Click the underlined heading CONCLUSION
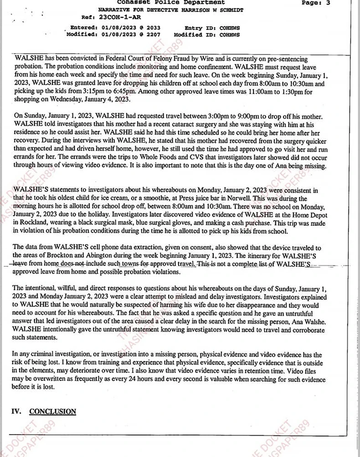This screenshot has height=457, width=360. click(52, 411)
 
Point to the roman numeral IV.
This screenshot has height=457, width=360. click(16, 411)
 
